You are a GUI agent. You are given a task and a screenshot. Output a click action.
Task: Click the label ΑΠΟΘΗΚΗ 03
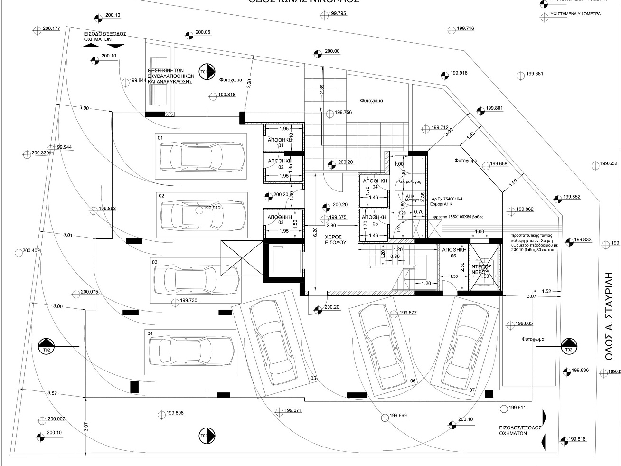tap(276, 219)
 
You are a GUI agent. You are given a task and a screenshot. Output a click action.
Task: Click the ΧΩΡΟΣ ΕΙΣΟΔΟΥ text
tap(335, 239)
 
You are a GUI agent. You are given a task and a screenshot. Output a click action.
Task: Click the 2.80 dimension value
tap(331, 226)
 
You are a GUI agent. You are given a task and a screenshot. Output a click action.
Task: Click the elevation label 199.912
tap(212, 208)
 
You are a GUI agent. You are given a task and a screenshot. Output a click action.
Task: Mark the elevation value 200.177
tap(51, 29)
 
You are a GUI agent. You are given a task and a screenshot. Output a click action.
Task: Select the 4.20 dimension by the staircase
tap(397, 249)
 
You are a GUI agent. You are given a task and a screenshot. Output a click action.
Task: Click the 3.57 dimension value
tap(52, 393)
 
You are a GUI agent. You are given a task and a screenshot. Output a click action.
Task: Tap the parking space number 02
tap(161, 196)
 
